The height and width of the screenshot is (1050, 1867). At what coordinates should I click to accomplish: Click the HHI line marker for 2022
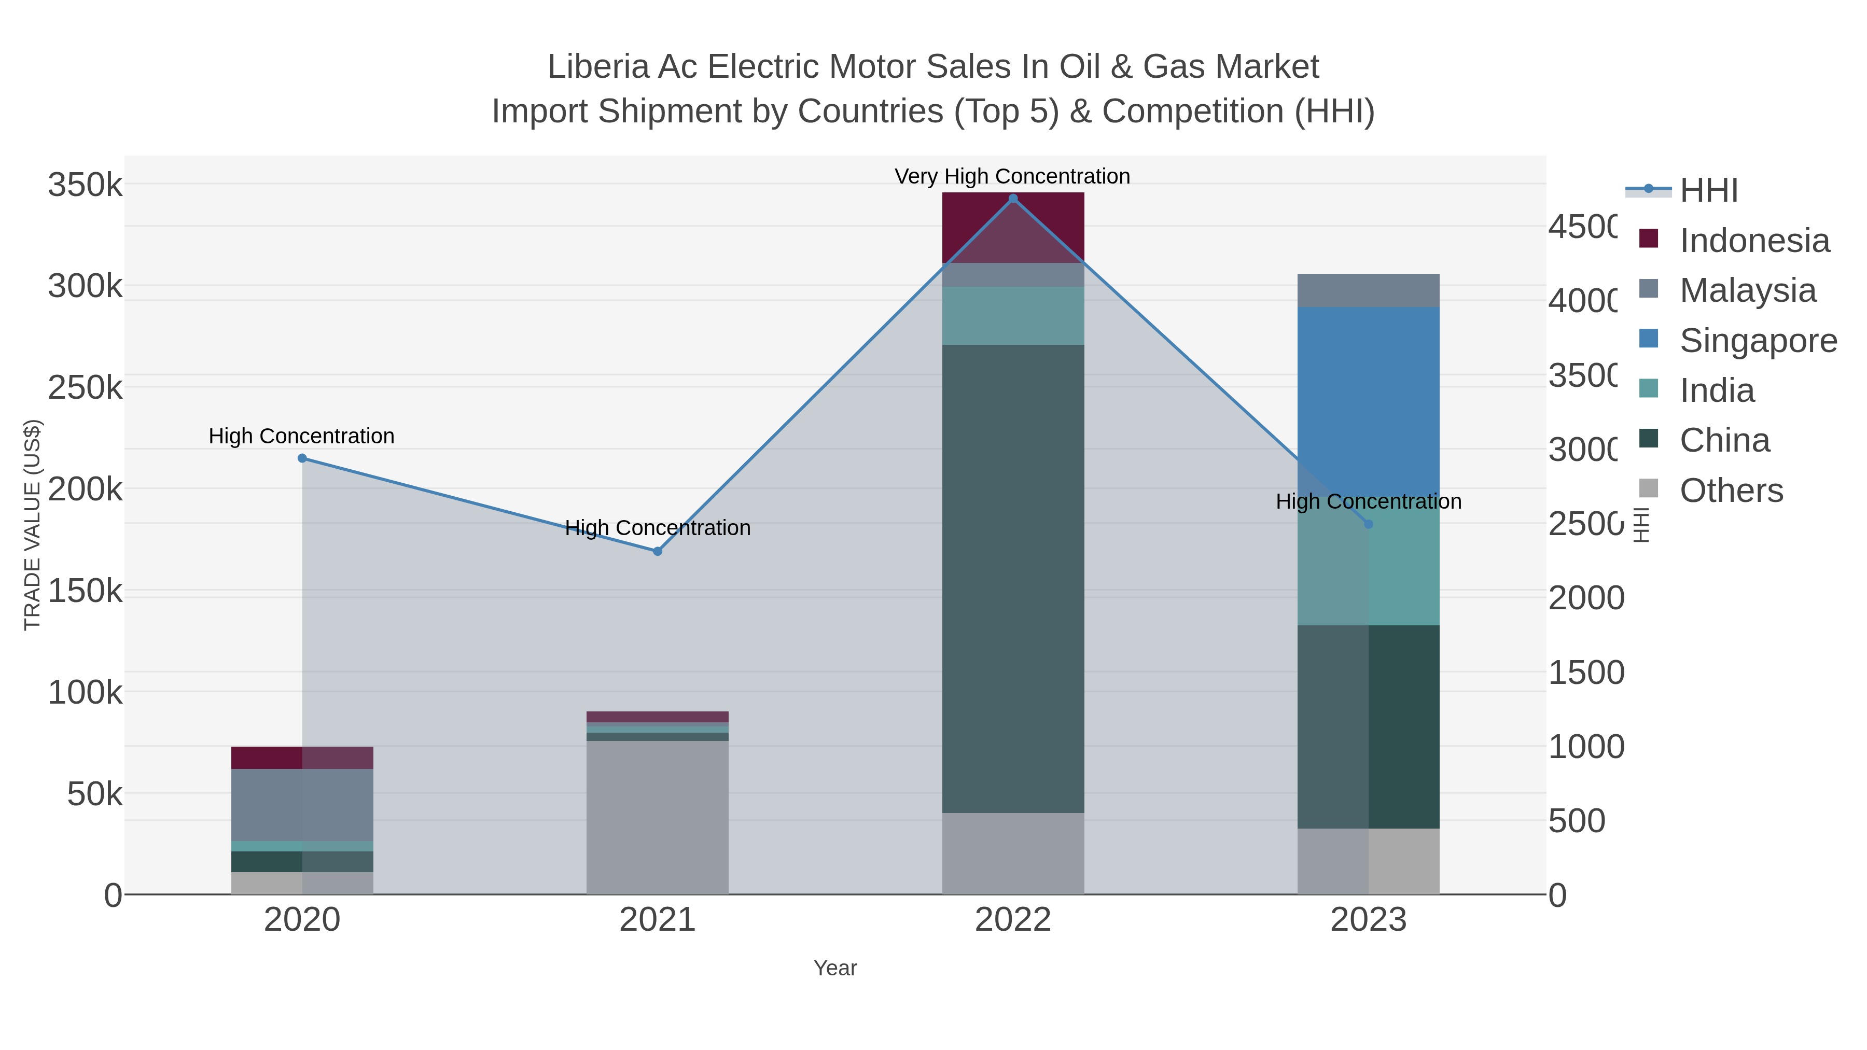(1012, 199)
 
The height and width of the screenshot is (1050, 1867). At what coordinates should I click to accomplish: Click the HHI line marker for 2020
(302, 458)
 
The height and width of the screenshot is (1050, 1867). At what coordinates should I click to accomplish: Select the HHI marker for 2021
(658, 552)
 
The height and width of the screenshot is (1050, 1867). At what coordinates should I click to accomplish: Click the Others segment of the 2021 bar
(658, 817)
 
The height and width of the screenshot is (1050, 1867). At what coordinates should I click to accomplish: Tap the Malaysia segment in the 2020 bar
(302, 804)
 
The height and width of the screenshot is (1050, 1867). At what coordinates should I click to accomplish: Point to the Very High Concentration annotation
(1012, 176)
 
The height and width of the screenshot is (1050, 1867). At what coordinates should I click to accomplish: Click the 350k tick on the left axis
(85, 185)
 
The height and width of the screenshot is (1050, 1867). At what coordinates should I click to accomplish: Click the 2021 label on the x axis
(658, 919)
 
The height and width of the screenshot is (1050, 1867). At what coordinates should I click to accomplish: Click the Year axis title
(835, 968)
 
